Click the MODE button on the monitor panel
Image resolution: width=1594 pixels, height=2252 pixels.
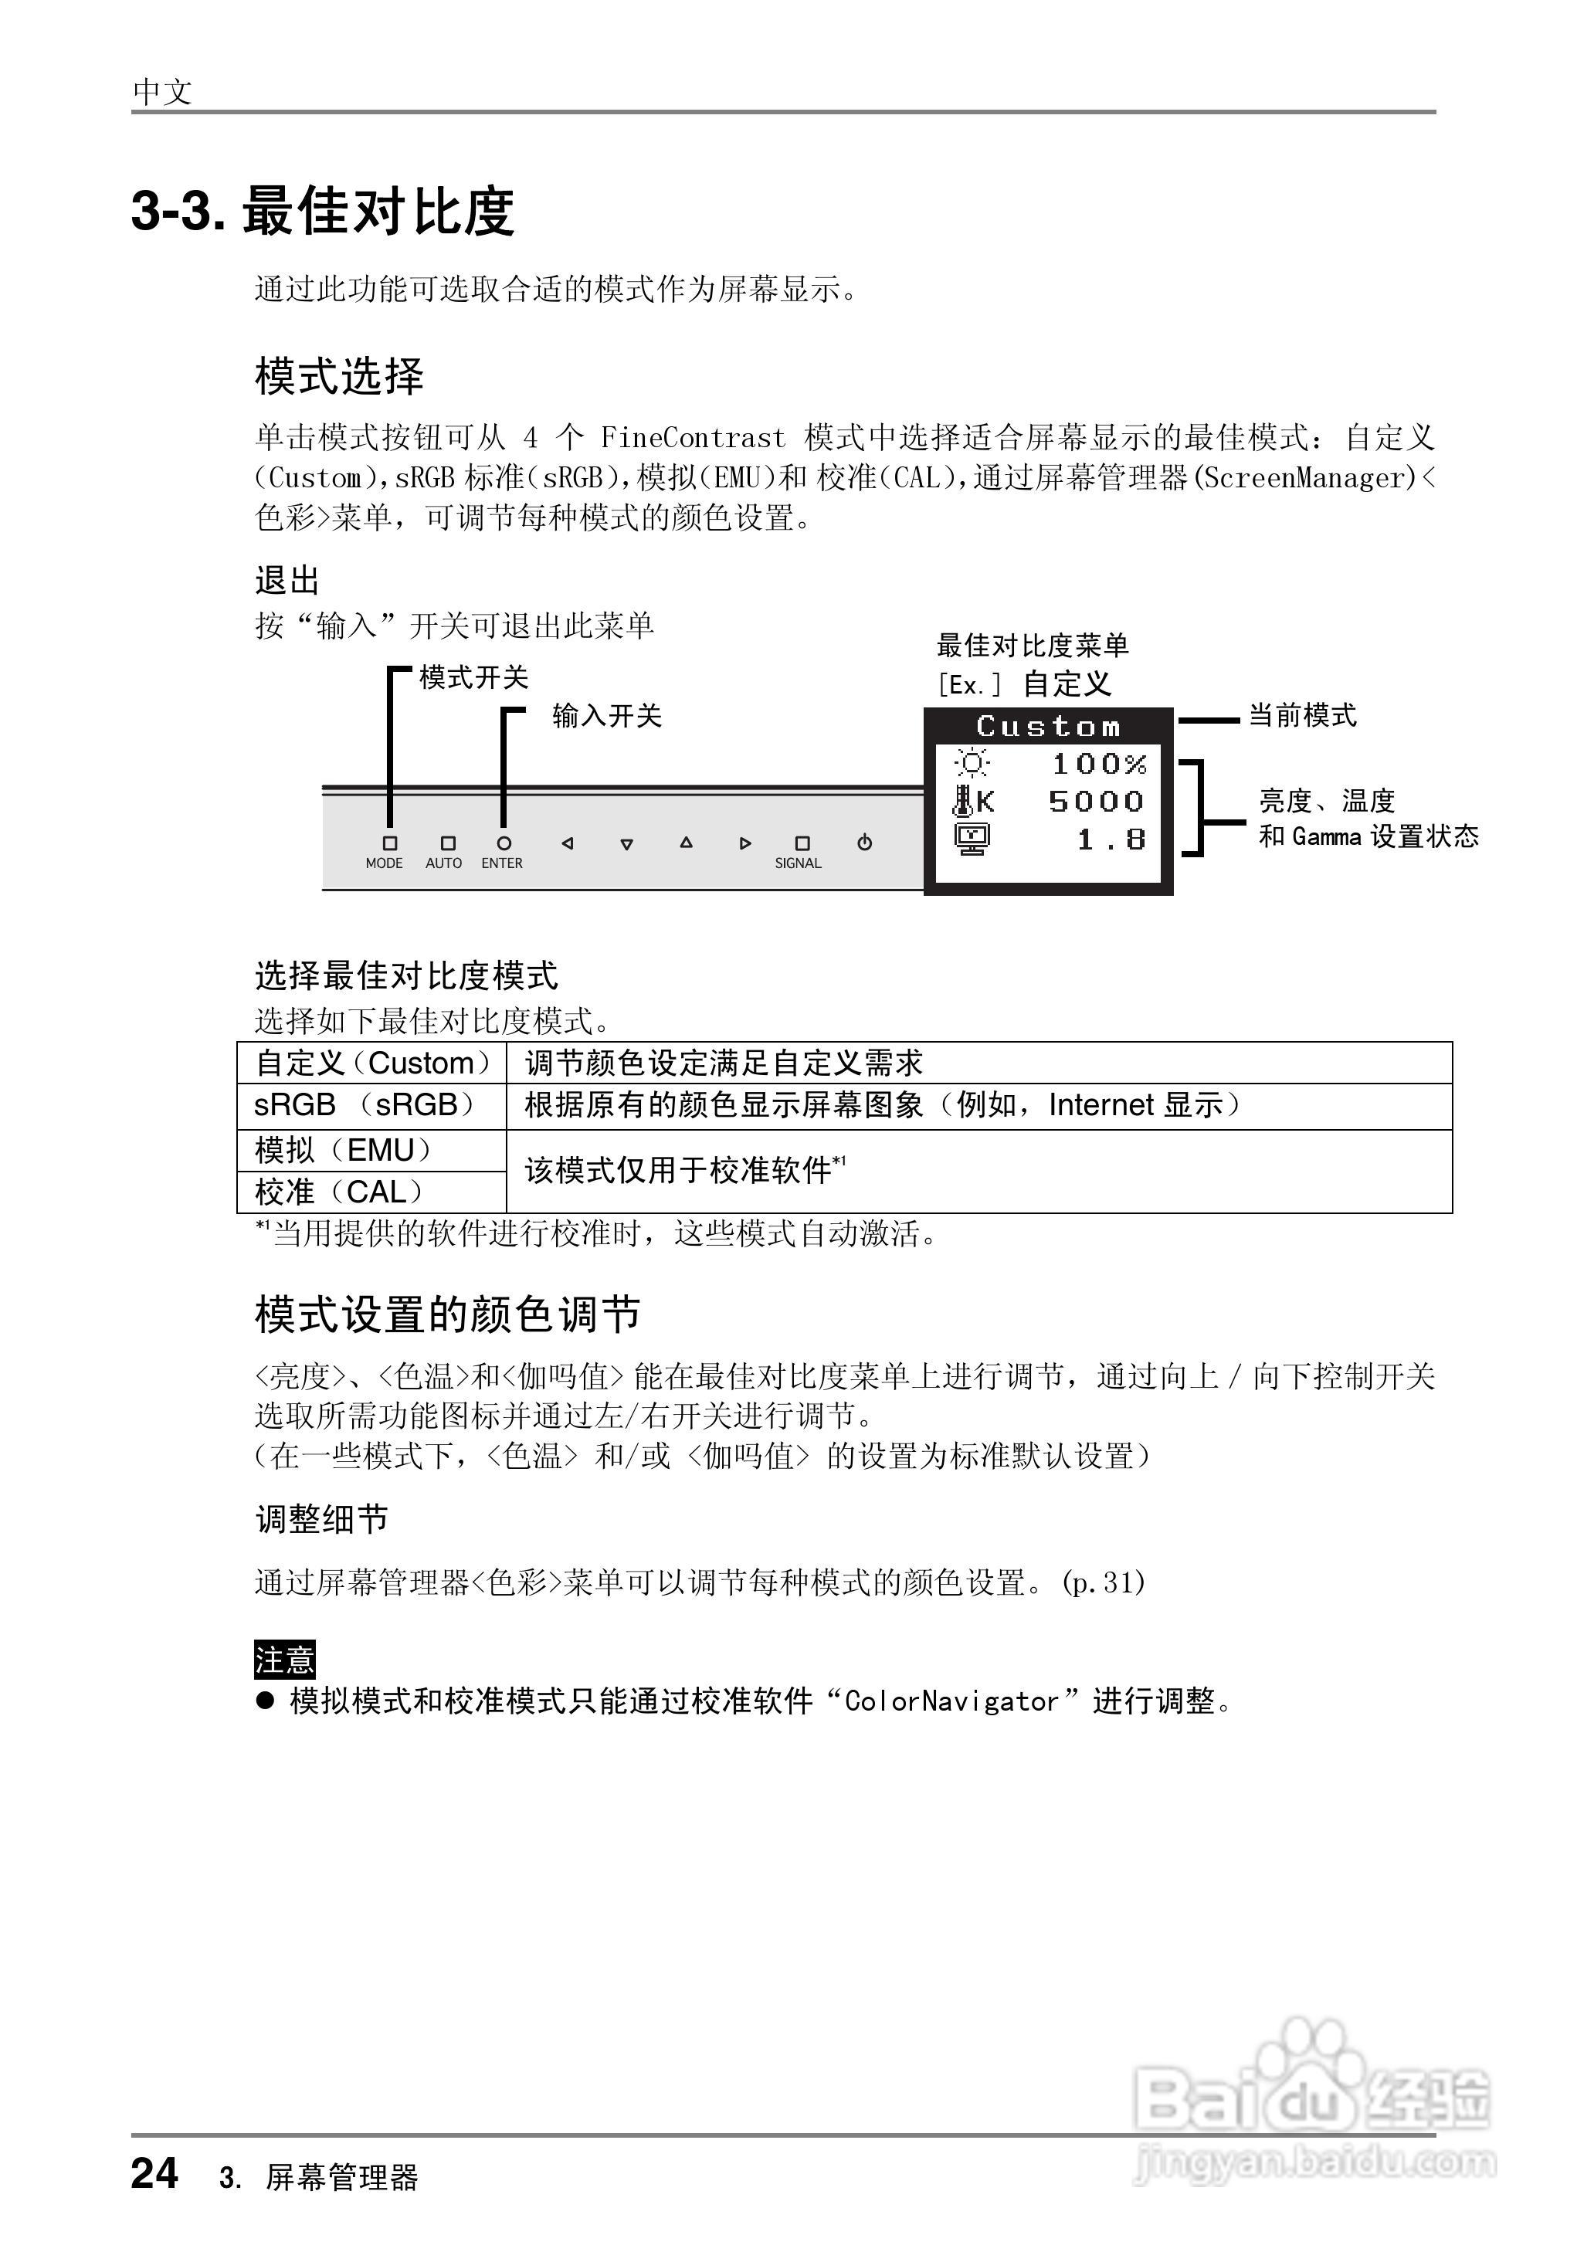point(390,843)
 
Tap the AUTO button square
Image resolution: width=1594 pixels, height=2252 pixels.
point(449,843)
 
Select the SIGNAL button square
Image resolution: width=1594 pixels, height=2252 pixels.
point(802,843)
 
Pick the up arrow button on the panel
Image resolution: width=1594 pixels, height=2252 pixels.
point(686,843)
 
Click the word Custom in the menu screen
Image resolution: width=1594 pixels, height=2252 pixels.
point(1048,727)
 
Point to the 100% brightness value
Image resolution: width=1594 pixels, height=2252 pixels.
point(1098,764)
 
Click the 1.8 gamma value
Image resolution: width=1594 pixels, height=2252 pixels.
point(1111,840)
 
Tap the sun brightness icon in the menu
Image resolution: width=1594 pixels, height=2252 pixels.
point(972,764)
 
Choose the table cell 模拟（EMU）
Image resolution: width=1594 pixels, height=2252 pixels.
point(344,1150)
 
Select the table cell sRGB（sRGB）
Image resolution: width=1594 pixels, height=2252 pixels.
point(365,1106)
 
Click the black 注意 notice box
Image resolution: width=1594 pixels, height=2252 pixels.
point(285,1660)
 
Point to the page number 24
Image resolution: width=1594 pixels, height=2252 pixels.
point(155,2172)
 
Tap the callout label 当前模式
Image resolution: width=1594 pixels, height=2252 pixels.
point(1301,717)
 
